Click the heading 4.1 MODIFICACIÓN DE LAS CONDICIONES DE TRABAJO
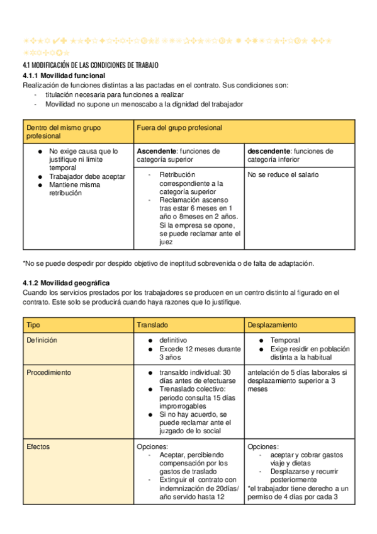click(90, 65)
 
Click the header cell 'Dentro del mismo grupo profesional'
click(63, 131)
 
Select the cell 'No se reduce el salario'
click(283, 174)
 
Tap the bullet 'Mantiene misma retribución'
click(74, 190)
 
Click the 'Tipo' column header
click(33, 324)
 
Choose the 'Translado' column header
click(152, 324)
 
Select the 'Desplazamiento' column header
click(273, 324)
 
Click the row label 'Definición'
click(42, 340)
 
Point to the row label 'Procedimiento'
click(48, 372)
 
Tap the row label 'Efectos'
click(38, 446)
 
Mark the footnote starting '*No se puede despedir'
click(167, 263)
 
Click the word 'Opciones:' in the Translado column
click(152, 446)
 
